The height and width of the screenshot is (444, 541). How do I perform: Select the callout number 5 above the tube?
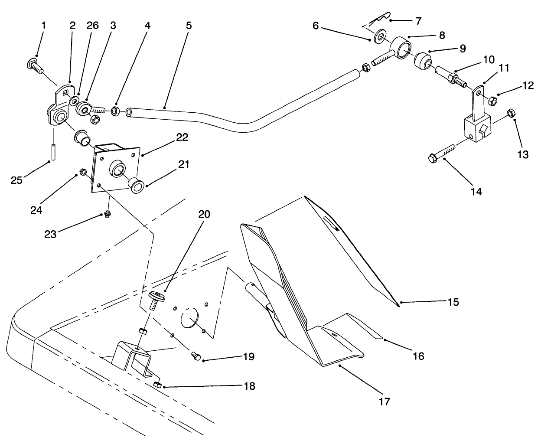[x=189, y=25]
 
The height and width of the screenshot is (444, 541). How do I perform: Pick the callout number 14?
[x=476, y=191]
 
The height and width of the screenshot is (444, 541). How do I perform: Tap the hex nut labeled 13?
[x=511, y=113]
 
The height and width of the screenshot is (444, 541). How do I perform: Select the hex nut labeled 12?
[x=492, y=101]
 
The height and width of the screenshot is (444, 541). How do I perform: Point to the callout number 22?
[x=182, y=137]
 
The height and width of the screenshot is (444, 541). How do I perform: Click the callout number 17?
[x=385, y=402]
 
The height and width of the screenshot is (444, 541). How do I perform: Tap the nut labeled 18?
[x=158, y=385]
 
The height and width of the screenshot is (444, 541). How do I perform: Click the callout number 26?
[x=92, y=26]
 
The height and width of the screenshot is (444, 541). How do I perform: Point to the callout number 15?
[x=453, y=302]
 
